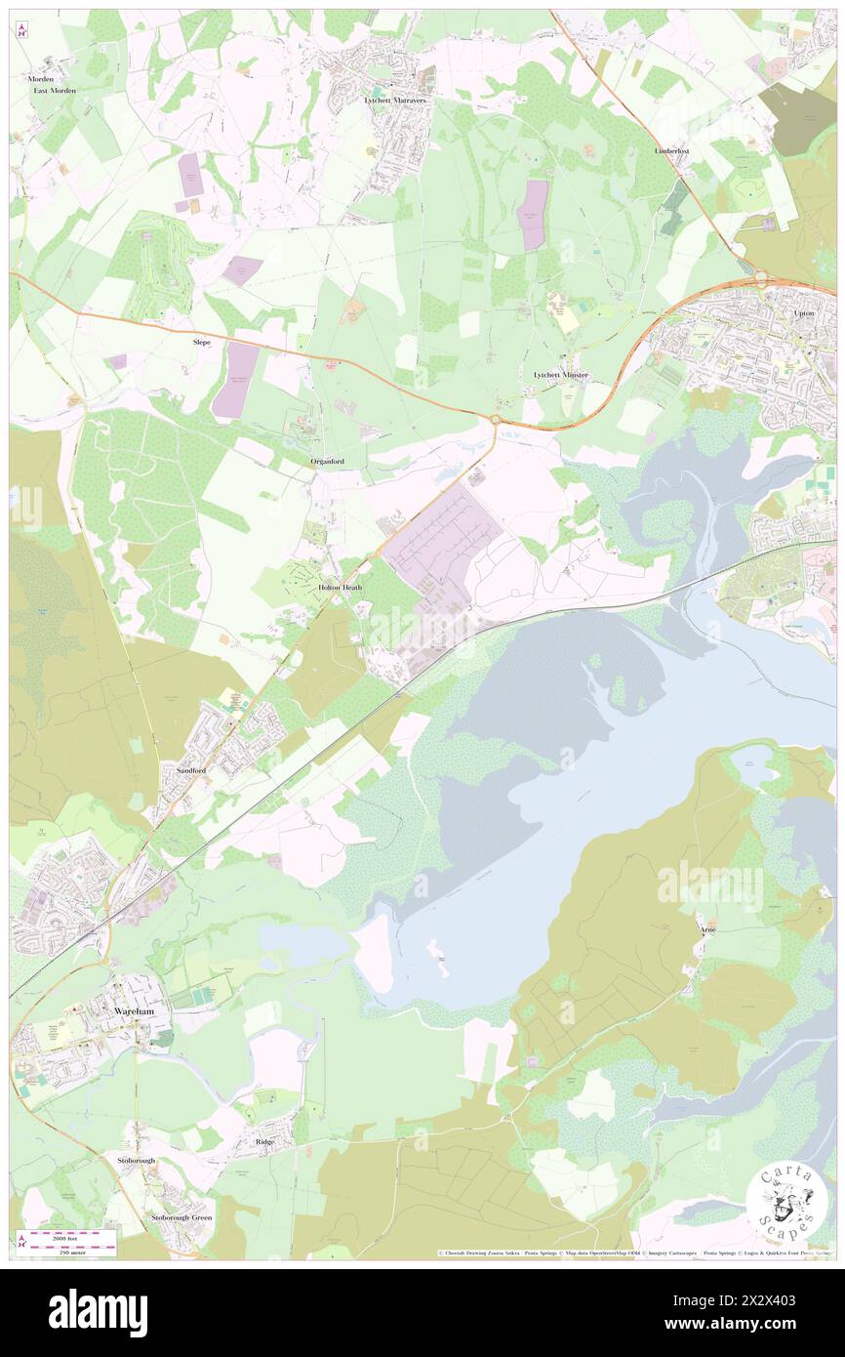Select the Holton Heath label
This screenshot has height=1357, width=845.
(341, 588)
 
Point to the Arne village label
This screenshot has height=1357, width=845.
(707, 929)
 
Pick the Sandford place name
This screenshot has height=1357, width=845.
(191, 770)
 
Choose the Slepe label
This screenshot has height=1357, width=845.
(201, 343)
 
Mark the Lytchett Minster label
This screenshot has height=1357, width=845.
(560, 375)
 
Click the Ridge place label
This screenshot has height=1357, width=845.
(265, 1141)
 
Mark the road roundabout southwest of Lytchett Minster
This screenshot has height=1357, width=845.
(495, 420)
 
